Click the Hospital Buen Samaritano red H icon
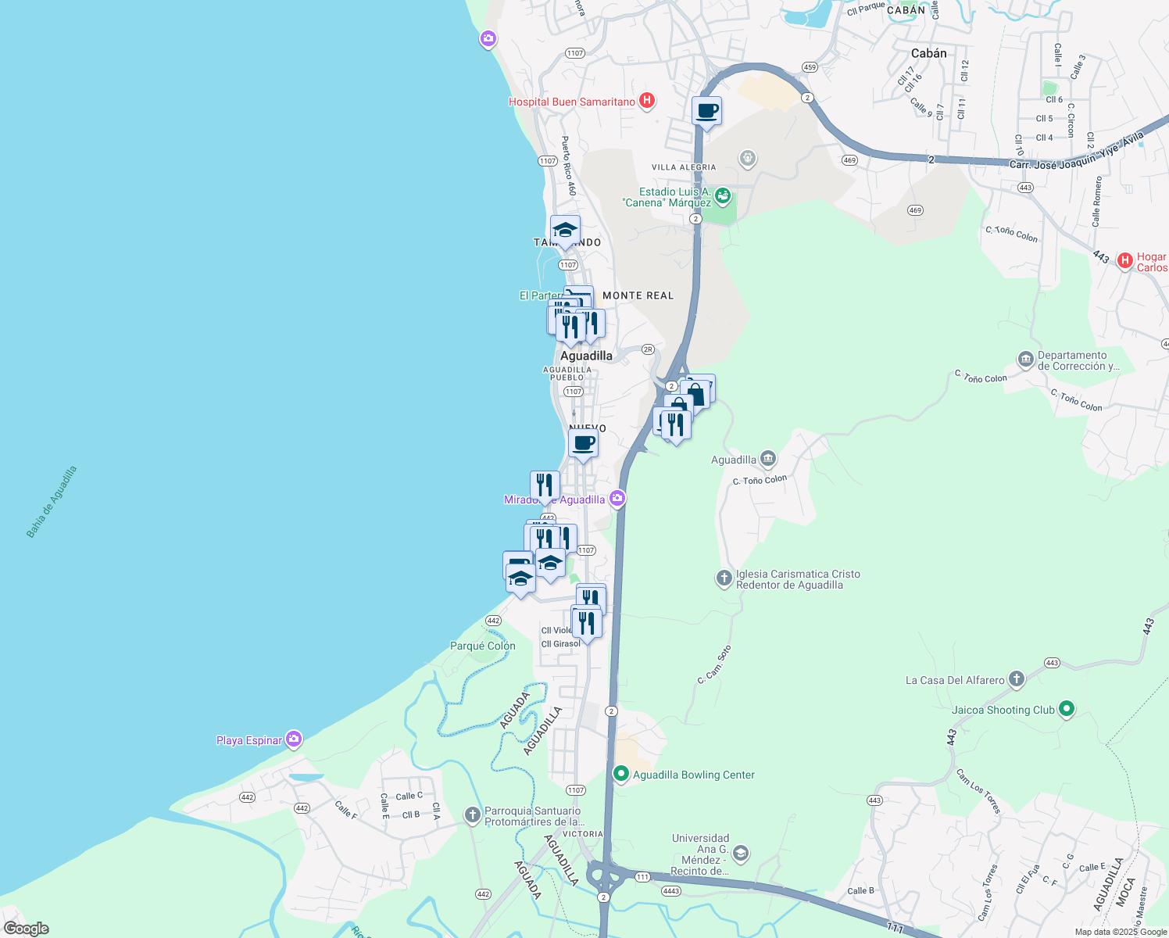click(646, 101)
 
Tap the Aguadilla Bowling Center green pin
click(621, 774)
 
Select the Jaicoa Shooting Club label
click(1003, 710)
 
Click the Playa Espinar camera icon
click(294, 739)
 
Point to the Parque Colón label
click(483, 646)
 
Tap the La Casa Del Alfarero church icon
click(1016, 679)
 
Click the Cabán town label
click(928, 53)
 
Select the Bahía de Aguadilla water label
click(52, 503)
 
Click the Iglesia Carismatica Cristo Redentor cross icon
click(724, 578)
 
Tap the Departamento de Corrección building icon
click(1025, 360)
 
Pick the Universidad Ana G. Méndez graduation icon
click(741, 854)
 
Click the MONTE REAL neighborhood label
click(638, 295)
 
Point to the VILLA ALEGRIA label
click(684, 167)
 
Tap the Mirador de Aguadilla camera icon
click(617, 498)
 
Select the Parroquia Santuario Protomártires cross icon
click(472, 815)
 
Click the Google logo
click(27, 929)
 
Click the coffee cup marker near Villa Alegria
click(706, 111)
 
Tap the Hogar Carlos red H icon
click(1124, 261)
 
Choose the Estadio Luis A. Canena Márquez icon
click(723, 195)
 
